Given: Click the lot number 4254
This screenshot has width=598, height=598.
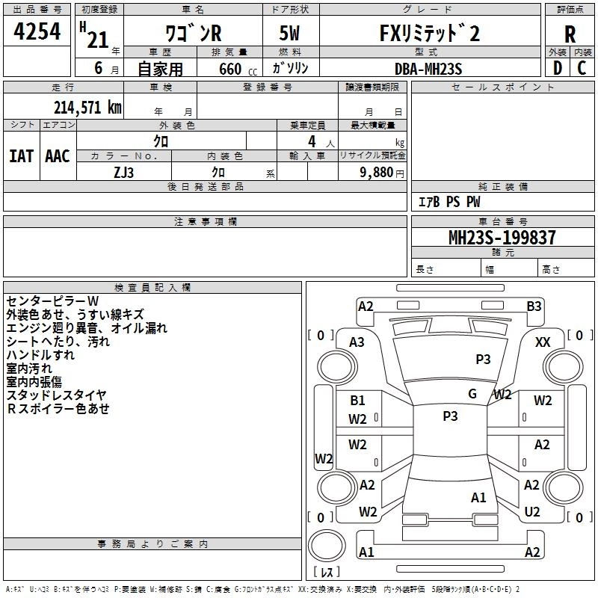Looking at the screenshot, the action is (x=37, y=31).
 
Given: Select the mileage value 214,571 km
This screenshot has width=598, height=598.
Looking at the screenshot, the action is (x=87, y=108).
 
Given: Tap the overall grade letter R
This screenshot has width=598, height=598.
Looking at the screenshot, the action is (x=570, y=34).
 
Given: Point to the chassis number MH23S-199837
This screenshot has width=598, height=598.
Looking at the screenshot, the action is (x=502, y=238).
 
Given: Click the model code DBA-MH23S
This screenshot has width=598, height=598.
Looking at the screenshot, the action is (x=428, y=69).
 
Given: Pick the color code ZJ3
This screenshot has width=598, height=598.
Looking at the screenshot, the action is (x=123, y=173).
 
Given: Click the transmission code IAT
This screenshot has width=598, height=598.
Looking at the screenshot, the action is (x=22, y=156).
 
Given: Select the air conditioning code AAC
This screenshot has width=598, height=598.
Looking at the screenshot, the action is (x=58, y=156).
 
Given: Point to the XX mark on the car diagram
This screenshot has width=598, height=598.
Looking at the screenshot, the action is (x=543, y=342).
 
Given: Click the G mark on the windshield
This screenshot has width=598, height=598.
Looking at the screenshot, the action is (x=472, y=394).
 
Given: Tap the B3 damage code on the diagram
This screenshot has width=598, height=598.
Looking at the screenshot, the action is (x=534, y=306).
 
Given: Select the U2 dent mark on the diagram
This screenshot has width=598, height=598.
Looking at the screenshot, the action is (x=532, y=512).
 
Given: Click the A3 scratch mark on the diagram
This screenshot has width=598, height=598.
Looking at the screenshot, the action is (x=357, y=342).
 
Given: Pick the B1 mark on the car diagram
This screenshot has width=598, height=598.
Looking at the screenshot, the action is (x=357, y=401).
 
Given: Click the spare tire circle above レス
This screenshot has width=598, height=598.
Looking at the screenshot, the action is (x=327, y=546).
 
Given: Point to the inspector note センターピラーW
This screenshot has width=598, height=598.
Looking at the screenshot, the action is (x=52, y=301).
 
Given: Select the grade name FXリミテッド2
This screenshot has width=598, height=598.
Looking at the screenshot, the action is (x=429, y=33).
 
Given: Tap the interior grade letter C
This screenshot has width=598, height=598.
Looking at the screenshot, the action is (x=582, y=68).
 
